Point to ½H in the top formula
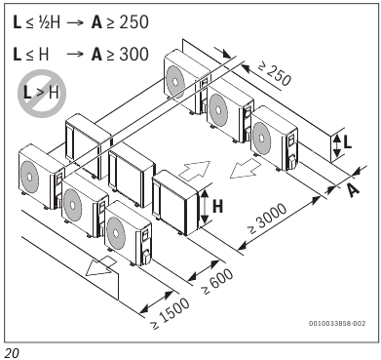[x=46, y=21]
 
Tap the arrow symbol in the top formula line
[x=82, y=21]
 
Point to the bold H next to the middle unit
[x=217, y=207]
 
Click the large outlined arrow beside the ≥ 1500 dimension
[x=100, y=274]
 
